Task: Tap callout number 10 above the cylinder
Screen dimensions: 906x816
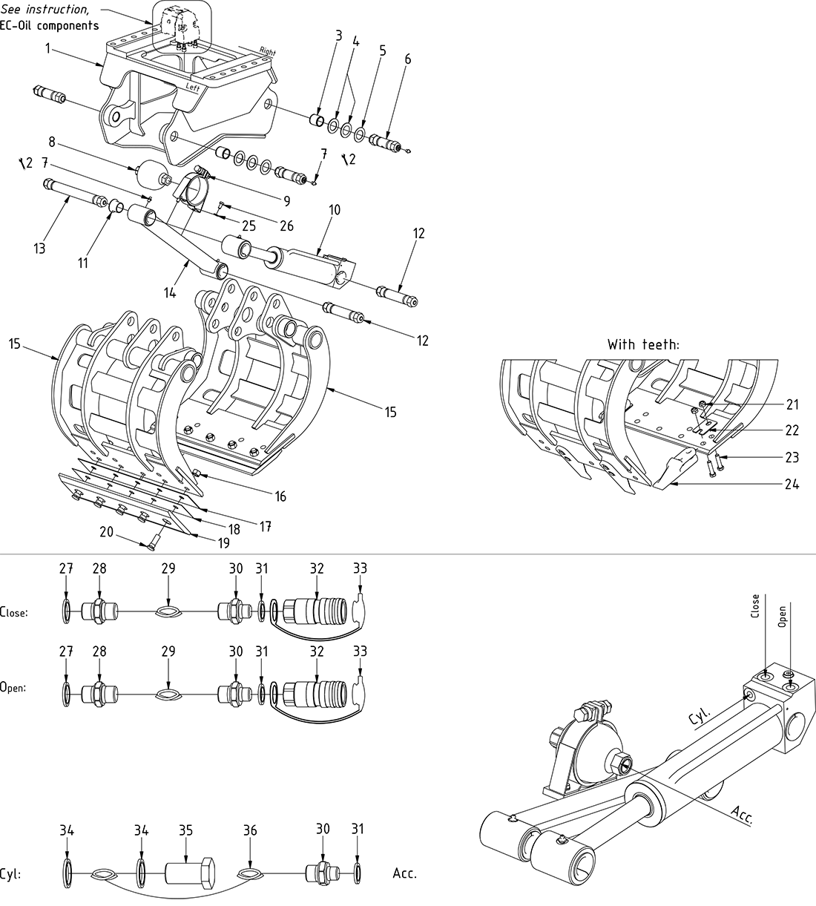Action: (334, 211)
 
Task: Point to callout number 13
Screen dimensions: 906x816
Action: (39, 248)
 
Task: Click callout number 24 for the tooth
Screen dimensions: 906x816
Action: (792, 484)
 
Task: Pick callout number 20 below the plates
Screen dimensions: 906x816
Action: (107, 531)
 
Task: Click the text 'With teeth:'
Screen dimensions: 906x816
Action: (642, 344)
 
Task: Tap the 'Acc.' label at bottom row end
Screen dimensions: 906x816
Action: (405, 873)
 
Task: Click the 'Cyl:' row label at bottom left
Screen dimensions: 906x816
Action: (10, 874)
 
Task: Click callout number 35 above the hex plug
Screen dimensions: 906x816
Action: (185, 830)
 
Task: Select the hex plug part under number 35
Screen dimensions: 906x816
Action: (189, 873)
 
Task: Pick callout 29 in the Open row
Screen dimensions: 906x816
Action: (168, 651)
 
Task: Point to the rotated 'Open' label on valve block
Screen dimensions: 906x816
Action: (782, 615)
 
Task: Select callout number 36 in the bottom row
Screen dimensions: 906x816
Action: (250, 830)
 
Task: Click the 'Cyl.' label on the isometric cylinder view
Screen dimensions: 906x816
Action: (700, 715)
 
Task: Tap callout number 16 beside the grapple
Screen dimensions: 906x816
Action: (280, 496)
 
